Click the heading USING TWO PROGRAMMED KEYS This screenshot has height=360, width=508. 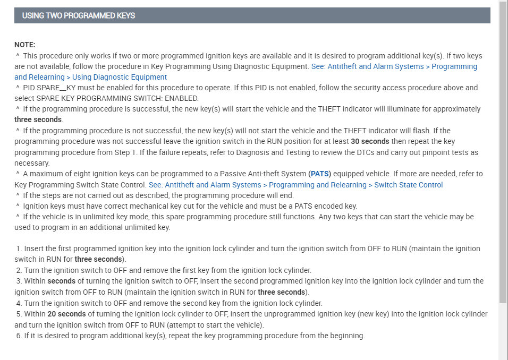(79, 15)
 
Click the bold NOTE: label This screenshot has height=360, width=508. (25, 45)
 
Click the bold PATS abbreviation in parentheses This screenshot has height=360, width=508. (319, 174)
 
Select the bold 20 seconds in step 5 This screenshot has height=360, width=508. (66, 314)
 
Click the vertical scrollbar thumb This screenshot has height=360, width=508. (503, 154)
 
